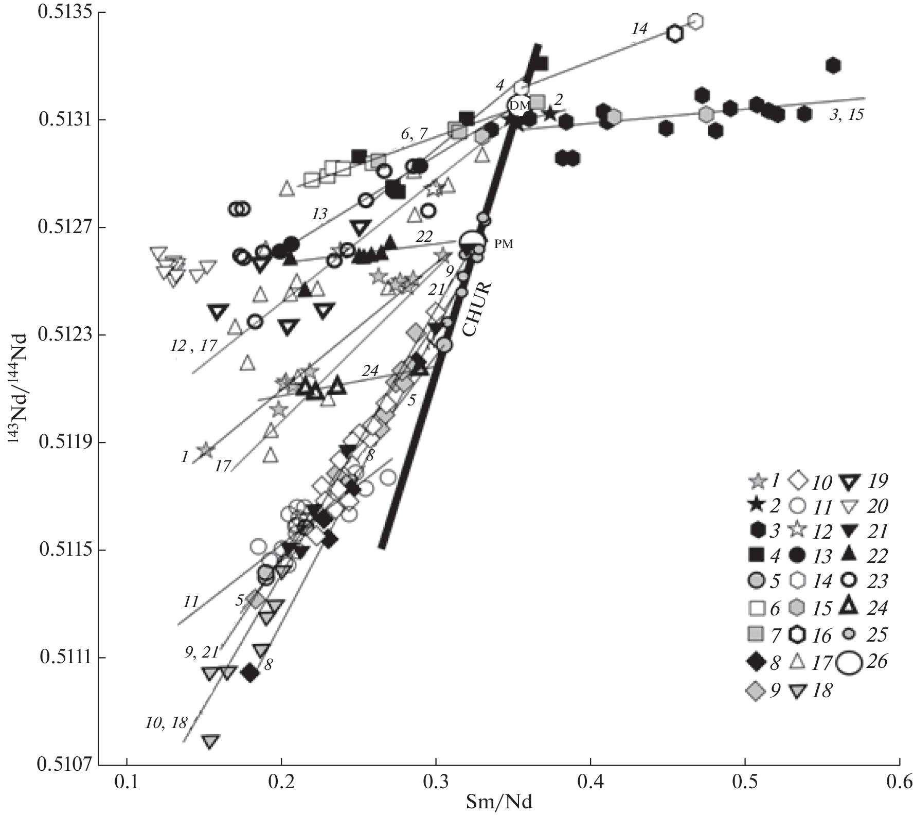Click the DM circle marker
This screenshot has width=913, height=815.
(x=521, y=105)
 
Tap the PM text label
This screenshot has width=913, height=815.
(x=504, y=244)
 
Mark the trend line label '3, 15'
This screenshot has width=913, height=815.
(x=846, y=115)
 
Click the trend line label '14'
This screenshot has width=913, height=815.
(x=639, y=29)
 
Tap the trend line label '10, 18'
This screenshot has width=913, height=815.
(x=166, y=723)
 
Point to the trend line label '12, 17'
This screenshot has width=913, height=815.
(x=193, y=346)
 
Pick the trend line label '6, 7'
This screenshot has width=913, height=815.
(x=414, y=134)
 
